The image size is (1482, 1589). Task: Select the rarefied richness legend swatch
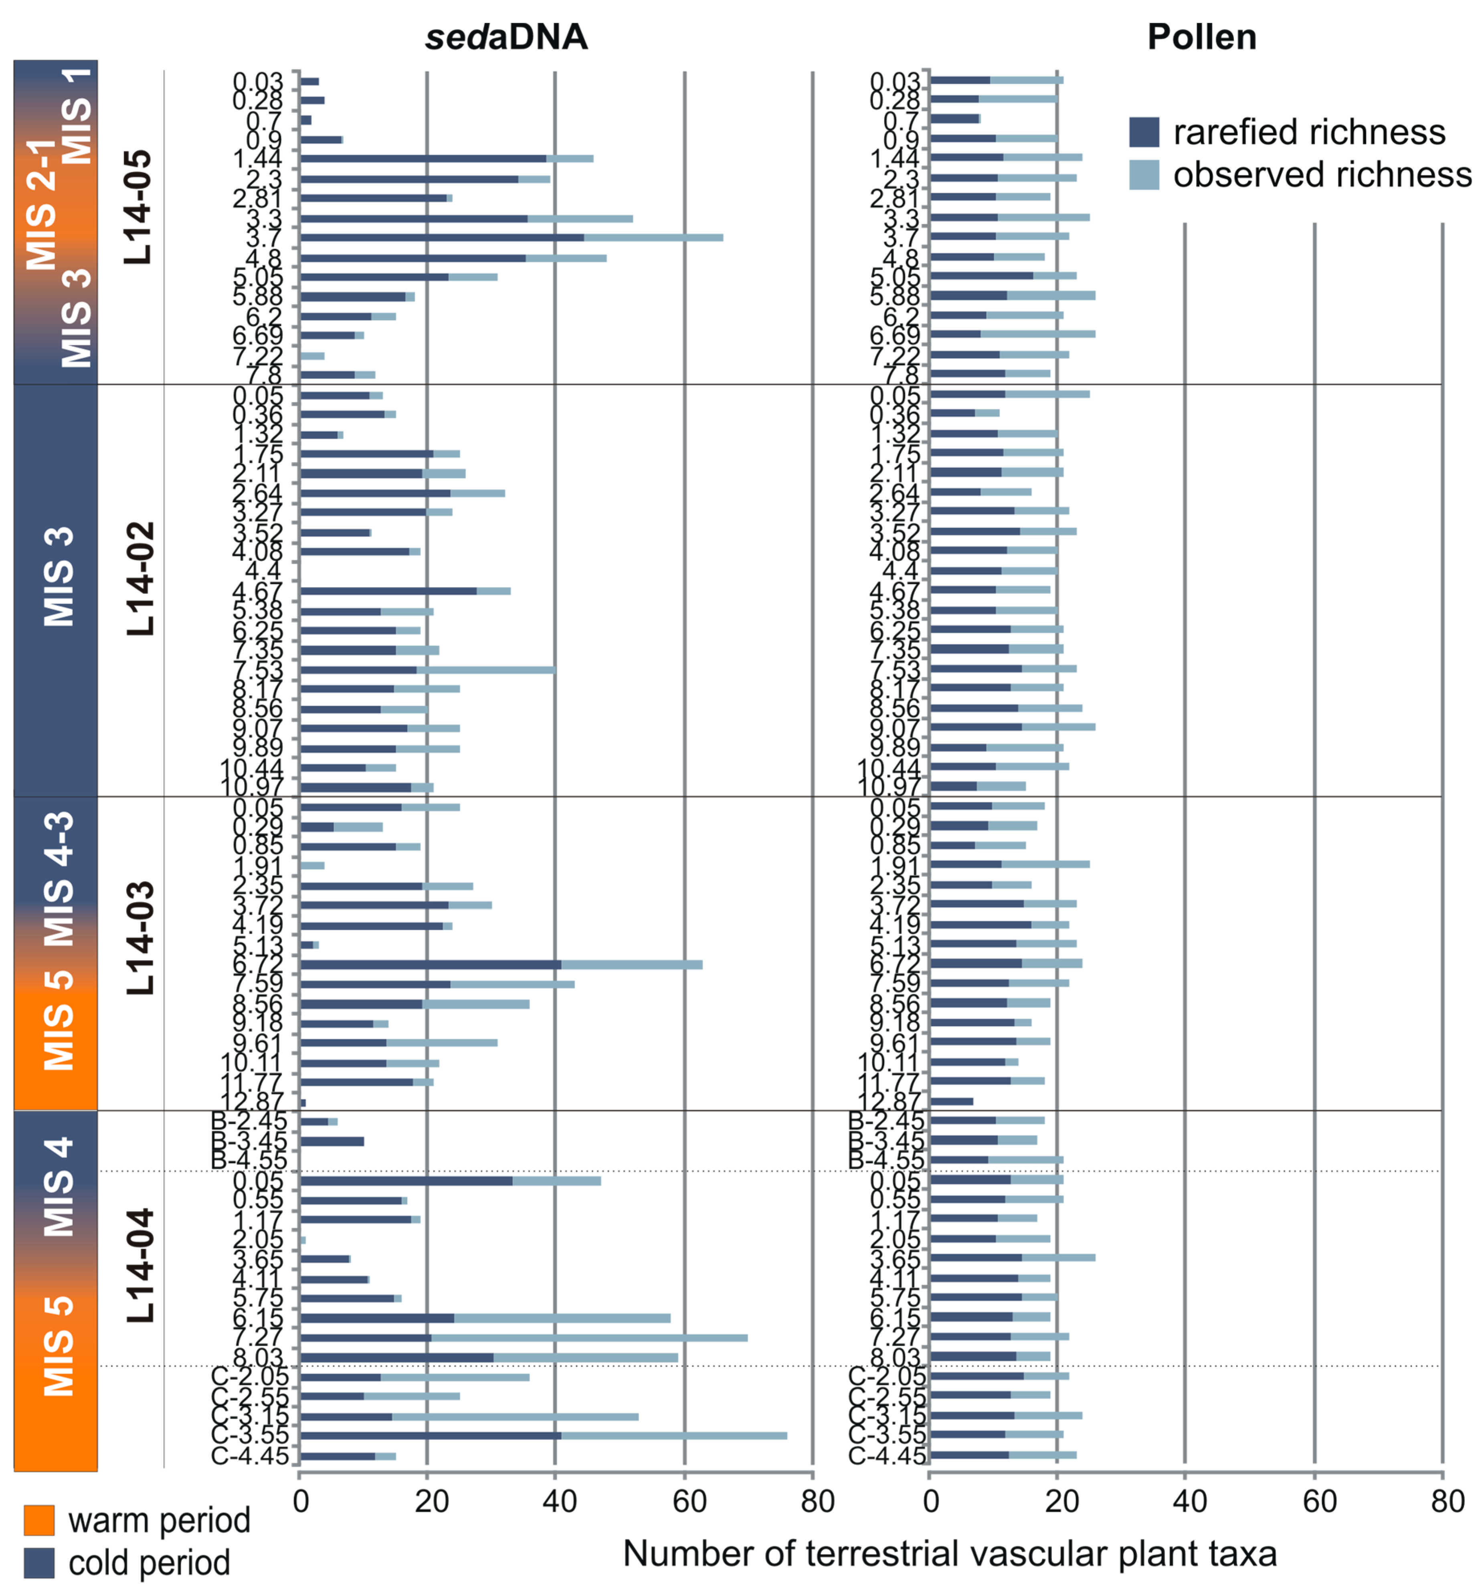1143,132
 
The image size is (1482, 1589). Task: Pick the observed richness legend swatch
1143,174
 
